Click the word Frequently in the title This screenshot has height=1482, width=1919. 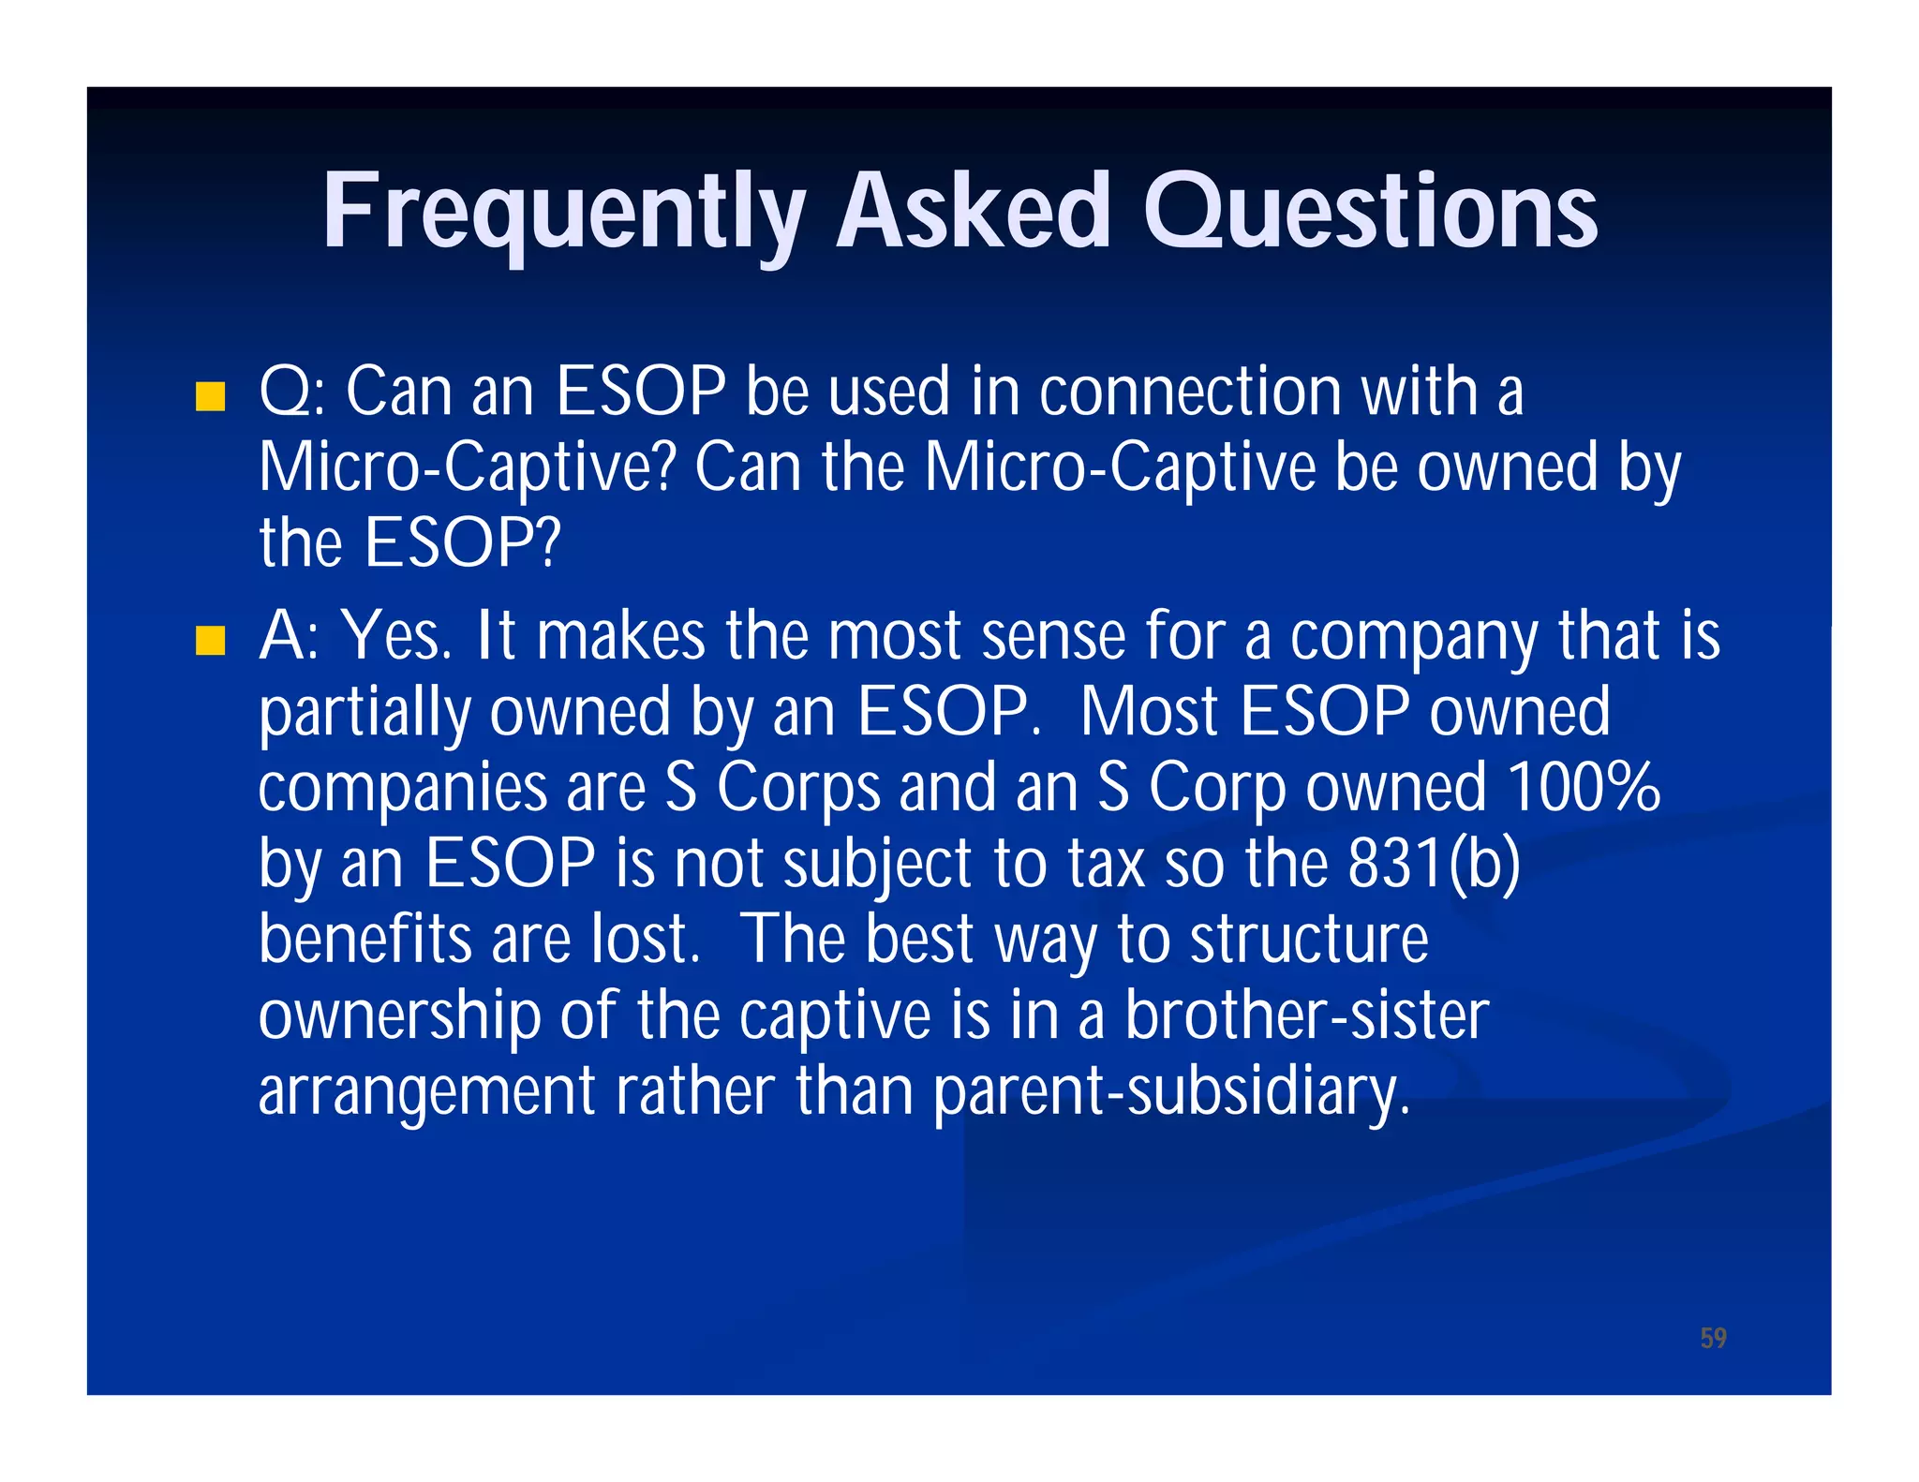[x=562, y=214]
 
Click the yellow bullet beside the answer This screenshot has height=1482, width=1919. [x=211, y=641]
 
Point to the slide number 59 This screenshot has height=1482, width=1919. [x=1713, y=1338]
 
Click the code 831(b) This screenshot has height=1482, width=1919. [x=1434, y=863]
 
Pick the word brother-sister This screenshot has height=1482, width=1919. [x=1306, y=1015]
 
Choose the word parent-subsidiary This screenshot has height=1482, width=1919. [x=1170, y=1092]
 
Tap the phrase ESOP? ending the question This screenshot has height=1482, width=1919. [x=463, y=543]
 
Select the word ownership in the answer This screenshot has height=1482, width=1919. [x=399, y=1016]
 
